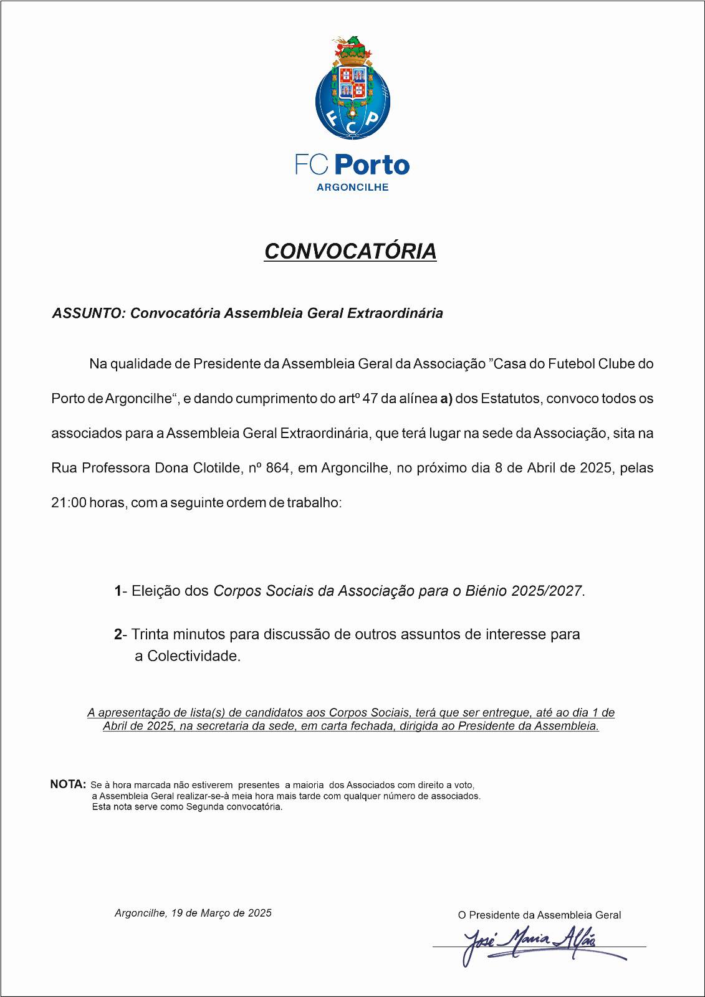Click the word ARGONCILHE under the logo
coord(352,187)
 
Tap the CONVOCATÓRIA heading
coord(350,251)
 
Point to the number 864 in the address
coord(277,468)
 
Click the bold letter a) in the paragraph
coord(446,398)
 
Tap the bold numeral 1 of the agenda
coord(118,591)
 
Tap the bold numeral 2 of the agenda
coord(118,634)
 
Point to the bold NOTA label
coord(67,785)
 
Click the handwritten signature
coord(530,941)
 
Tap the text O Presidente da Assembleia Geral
coord(539,915)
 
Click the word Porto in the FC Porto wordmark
coord(372,165)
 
